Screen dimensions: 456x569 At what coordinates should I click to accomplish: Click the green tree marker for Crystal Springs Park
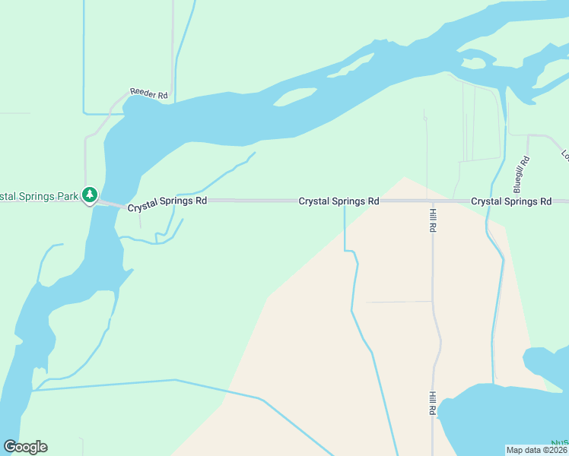pyautogui.click(x=90, y=195)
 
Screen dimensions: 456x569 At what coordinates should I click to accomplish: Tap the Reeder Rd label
pyautogui.click(x=148, y=93)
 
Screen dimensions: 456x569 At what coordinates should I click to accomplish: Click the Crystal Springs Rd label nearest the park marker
pyautogui.click(x=167, y=204)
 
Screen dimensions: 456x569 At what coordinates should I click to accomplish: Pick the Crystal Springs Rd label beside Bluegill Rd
pyautogui.click(x=511, y=201)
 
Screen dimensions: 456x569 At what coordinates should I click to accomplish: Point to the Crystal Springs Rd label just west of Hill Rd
pyautogui.click(x=339, y=201)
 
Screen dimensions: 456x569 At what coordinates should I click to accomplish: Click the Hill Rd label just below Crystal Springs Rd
pyautogui.click(x=432, y=220)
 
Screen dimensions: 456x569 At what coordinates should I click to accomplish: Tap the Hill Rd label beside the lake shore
pyautogui.click(x=431, y=403)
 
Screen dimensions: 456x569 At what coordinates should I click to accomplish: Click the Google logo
pyautogui.click(x=26, y=447)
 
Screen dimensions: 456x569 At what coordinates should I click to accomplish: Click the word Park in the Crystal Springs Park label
pyautogui.click(x=68, y=196)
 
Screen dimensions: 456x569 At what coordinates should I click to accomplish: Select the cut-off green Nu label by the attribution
pyautogui.click(x=561, y=442)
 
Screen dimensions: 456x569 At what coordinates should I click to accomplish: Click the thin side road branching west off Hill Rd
pyautogui.click(x=399, y=302)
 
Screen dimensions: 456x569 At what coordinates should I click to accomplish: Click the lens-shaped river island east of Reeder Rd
pyautogui.click(x=295, y=97)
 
